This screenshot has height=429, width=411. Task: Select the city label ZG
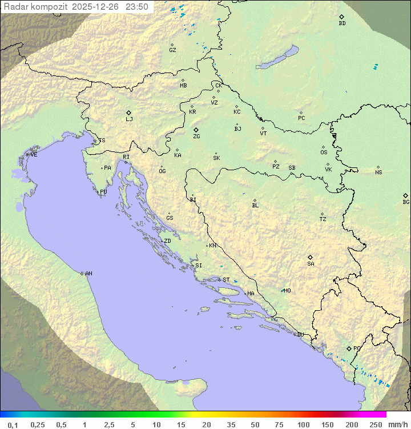click(196, 137)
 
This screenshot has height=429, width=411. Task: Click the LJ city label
click(129, 119)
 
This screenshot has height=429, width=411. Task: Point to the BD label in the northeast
click(342, 23)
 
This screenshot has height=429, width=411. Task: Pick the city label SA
click(311, 264)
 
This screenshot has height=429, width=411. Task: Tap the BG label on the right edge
click(406, 202)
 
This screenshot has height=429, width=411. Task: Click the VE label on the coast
click(34, 155)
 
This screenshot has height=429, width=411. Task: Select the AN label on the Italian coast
click(88, 274)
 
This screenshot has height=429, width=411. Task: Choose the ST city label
click(226, 280)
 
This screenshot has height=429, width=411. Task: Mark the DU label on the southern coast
click(300, 335)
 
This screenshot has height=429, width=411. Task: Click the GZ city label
click(172, 50)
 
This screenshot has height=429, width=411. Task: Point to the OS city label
click(324, 153)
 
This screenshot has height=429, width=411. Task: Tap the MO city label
click(287, 291)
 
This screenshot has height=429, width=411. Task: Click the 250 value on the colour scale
click(376, 424)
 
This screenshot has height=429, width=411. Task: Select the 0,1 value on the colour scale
click(13, 424)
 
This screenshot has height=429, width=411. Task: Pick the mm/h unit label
click(397, 424)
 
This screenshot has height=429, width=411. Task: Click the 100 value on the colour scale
click(303, 424)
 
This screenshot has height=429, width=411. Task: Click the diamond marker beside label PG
click(349, 348)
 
